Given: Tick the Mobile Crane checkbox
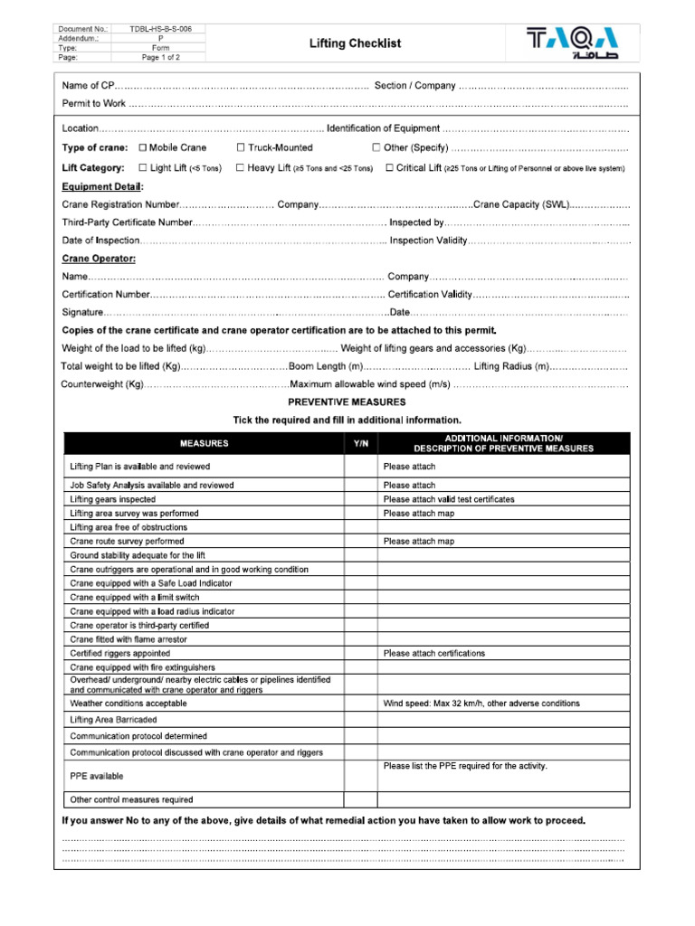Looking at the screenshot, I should (142, 147).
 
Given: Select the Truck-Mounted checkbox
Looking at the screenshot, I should (241, 147).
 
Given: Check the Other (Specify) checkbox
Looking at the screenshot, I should (376, 147).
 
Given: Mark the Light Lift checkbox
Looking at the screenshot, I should (142, 167).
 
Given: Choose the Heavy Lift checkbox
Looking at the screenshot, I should (240, 167).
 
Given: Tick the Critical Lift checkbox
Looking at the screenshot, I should (389, 167).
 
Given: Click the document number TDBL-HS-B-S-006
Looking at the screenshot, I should (160, 29).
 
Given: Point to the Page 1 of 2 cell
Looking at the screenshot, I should (160, 56).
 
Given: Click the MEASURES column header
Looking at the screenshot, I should (204, 443).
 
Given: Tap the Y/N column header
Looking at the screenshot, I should (360, 443).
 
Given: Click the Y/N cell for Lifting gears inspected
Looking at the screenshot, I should (360, 499).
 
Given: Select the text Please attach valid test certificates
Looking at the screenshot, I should (448, 499).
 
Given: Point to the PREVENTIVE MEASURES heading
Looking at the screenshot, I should (347, 402).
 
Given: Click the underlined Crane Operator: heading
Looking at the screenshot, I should (99, 259).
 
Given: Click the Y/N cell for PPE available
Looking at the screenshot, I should (360, 776).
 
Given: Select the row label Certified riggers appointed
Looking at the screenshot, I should (119, 653).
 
